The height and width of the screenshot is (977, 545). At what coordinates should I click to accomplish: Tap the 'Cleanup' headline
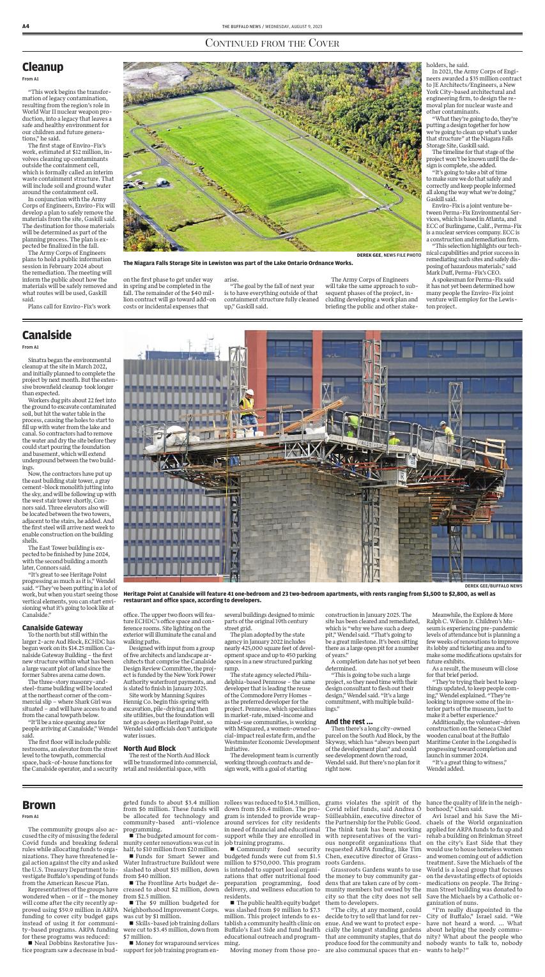(x=42, y=67)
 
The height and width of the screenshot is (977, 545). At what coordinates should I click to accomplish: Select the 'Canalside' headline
(x=46, y=335)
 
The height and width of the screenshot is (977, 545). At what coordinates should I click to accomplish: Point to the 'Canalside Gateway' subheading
(x=52, y=628)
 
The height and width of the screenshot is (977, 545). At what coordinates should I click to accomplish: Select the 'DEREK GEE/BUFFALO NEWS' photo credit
(x=493, y=586)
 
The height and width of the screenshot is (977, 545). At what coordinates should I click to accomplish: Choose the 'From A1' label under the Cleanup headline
(x=30, y=79)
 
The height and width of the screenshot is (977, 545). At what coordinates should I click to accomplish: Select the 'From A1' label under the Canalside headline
(x=30, y=347)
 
